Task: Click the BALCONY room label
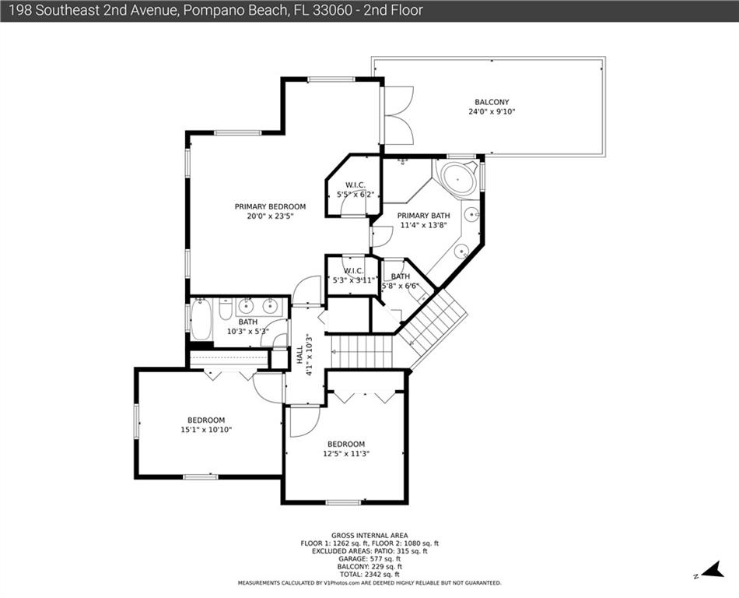click(492, 102)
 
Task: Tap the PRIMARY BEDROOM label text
click(270, 206)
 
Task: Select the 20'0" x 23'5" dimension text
click(270, 216)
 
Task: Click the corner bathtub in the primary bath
click(457, 178)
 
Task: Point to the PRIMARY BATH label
click(423, 216)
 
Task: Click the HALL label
click(299, 354)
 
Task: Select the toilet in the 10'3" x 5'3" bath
click(226, 308)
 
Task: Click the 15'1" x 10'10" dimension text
click(206, 430)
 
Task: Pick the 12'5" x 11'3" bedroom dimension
click(346, 454)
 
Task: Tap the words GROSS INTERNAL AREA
click(369, 535)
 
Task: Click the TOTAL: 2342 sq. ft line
click(369, 575)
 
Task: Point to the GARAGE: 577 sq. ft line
click(369, 559)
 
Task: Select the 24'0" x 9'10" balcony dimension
click(492, 112)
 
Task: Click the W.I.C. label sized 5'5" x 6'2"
click(355, 185)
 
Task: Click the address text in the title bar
click(215, 10)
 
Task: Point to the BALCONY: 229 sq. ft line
click(369, 567)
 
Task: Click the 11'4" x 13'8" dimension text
click(423, 226)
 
